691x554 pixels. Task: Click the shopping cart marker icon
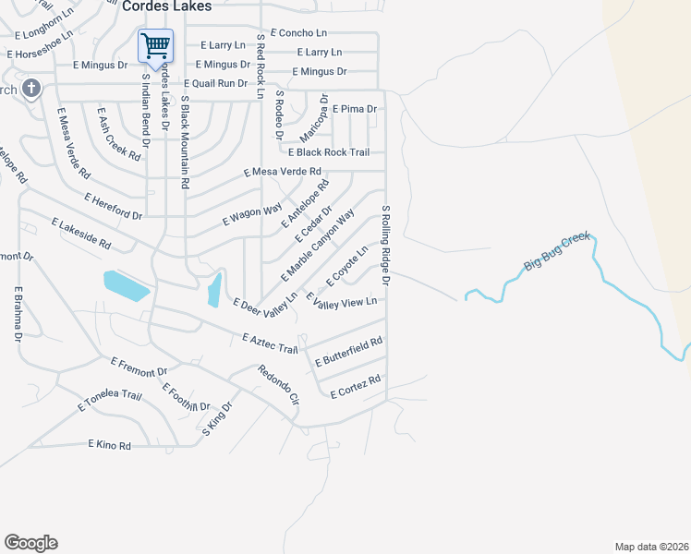pos(155,44)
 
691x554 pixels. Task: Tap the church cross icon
pos(30,89)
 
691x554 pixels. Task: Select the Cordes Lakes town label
pos(166,6)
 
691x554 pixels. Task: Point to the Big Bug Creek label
pos(556,252)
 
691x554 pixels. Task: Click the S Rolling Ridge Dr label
pos(387,246)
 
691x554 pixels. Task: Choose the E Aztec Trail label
pos(270,343)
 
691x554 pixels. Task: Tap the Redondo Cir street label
pos(278,385)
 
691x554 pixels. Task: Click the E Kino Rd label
pos(110,445)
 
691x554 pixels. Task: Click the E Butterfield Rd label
pos(348,352)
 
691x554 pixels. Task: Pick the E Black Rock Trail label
pos(329,152)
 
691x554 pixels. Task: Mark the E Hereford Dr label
pos(113,207)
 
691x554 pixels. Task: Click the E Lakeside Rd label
pos(80,235)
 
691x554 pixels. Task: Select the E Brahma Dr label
pos(18,314)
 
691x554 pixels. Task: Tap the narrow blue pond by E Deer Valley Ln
pos(214,289)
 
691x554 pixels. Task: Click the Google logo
pos(30,543)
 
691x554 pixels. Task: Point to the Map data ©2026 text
pos(651,547)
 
